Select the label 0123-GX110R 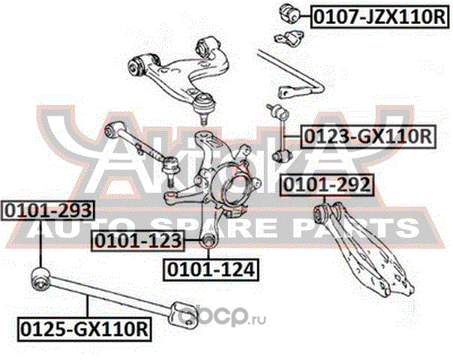367,136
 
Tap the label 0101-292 326,184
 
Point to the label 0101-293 37,209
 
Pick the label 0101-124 211,268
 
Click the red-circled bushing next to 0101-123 208,240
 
